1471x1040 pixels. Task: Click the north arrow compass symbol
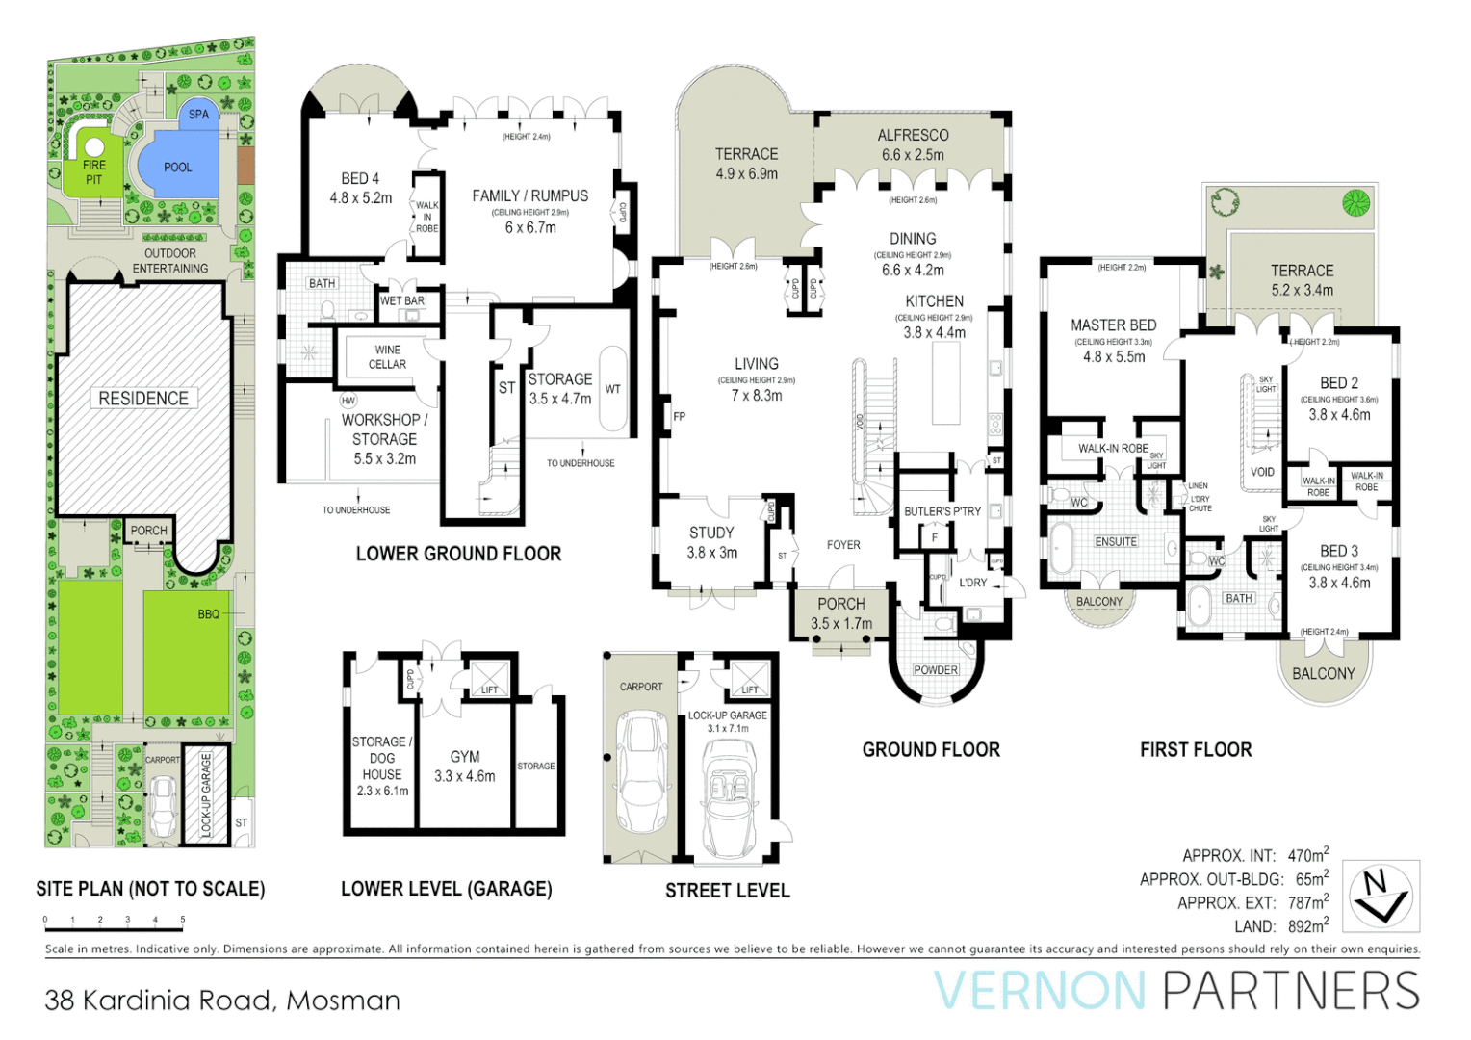[x=1380, y=896]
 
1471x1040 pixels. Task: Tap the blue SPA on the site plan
[x=198, y=114]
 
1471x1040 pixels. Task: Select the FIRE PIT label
[x=93, y=172]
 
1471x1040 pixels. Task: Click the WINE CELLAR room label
[x=387, y=357]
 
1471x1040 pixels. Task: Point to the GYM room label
[x=465, y=757]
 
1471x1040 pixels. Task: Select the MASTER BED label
[x=1113, y=325]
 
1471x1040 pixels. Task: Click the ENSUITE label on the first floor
[x=1116, y=542]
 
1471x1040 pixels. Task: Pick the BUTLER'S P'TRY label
[x=942, y=511]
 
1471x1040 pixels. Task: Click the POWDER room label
[x=936, y=670]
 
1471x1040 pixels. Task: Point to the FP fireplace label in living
[x=679, y=417]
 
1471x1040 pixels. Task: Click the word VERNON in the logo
[x=1040, y=992]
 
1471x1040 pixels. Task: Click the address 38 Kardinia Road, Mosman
[x=222, y=1001]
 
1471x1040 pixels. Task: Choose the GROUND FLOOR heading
[x=931, y=750]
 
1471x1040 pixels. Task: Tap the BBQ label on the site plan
[x=208, y=614]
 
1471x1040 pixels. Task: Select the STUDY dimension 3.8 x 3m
[x=711, y=553]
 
